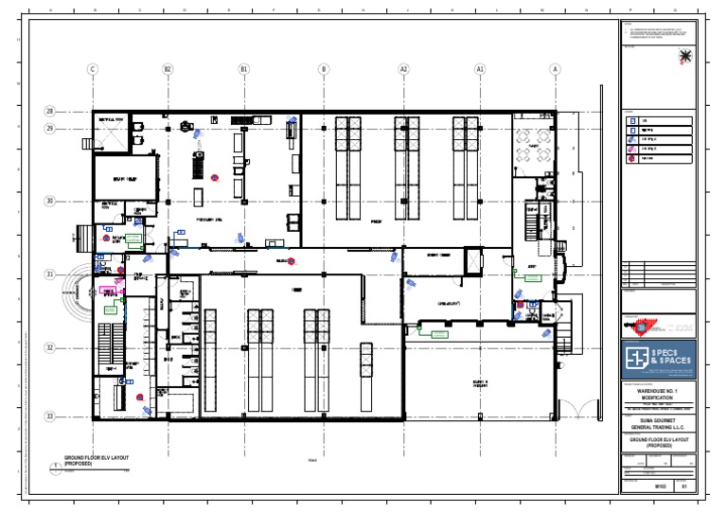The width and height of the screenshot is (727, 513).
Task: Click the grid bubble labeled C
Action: (93, 69)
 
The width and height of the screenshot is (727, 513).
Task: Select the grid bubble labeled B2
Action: (168, 69)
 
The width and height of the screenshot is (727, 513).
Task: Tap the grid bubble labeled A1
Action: (480, 69)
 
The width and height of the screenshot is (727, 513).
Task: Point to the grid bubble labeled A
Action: (555, 69)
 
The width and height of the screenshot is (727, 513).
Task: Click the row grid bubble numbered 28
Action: (49, 111)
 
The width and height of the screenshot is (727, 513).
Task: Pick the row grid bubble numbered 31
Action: (49, 274)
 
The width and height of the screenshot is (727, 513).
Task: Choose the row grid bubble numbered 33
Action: (49, 416)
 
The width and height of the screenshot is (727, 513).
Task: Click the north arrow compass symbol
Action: (685, 58)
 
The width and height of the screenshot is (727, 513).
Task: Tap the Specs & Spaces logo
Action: (659, 358)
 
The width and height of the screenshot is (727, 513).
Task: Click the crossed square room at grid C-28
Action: (112, 135)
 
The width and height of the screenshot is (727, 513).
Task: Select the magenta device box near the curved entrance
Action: (120, 282)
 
